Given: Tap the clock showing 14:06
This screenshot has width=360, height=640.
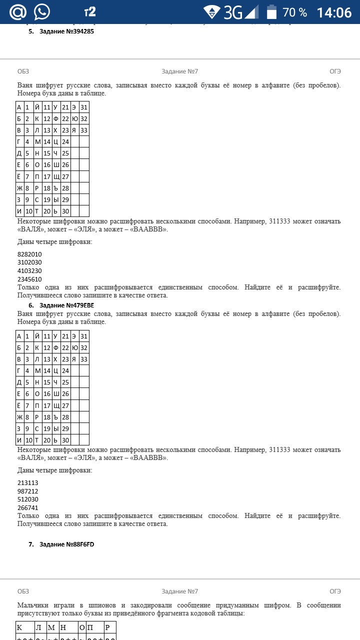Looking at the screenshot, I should pyautogui.click(x=334, y=12).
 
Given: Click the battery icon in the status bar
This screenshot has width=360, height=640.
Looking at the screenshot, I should pyautogui.click(x=271, y=12).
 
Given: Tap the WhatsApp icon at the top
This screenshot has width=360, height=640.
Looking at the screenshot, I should pyautogui.click(x=42, y=11).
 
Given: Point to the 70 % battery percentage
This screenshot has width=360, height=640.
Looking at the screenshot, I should pyautogui.click(x=295, y=12).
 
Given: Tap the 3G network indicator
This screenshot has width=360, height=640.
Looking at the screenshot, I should pyautogui.click(x=233, y=12).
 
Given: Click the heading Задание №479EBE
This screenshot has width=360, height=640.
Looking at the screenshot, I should pyautogui.click(x=66, y=305).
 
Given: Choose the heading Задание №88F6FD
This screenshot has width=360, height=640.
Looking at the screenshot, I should pyautogui.click(x=66, y=544).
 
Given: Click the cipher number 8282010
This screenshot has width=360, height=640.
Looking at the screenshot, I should pyautogui.click(x=29, y=254).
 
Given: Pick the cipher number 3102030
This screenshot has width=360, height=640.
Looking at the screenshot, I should pyautogui.click(x=29, y=262).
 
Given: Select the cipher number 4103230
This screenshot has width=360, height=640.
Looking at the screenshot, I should pyautogui.click(x=29, y=270).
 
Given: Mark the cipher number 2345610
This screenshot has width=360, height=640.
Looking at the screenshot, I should pyautogui.click(x=29, y=279).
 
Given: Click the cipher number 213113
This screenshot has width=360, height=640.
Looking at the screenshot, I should pyautogui.click(x=28, y=482).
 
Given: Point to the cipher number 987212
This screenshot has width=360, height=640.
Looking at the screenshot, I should pyautogui.click(x=28, y=491).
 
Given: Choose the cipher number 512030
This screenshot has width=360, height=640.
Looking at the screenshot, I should pyautogui.click(x=28, y=499).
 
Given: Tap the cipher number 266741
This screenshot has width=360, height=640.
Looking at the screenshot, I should pyautogui.click(x=28, y=507).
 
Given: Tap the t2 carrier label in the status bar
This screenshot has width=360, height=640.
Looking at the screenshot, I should pyautogui.click(x=90, y=11).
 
